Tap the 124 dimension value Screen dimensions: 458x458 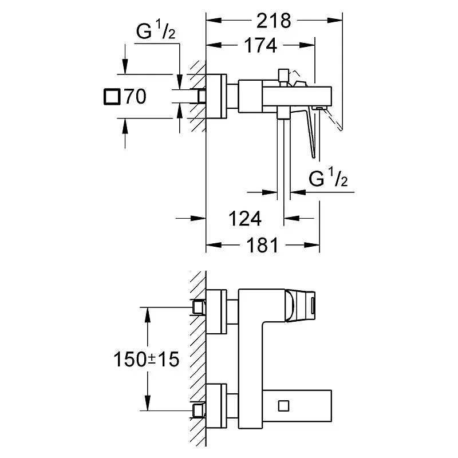tap(245, 218)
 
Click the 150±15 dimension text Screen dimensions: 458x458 tap(145, 360)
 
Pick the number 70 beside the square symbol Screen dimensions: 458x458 tap(136, 97)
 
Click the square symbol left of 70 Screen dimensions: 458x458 tap(112, 97)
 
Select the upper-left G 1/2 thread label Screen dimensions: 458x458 tap(155, 33)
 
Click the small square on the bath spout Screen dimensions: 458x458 tap(283, 406)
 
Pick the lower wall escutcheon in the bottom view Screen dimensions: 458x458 tap(217, 406)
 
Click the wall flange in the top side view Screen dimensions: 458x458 tap(217, 96)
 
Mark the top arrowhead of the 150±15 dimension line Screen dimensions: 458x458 tap(148, 313)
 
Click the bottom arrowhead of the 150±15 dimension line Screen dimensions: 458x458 tap(148, 404)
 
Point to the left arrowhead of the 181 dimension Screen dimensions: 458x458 tap(212, 246)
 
